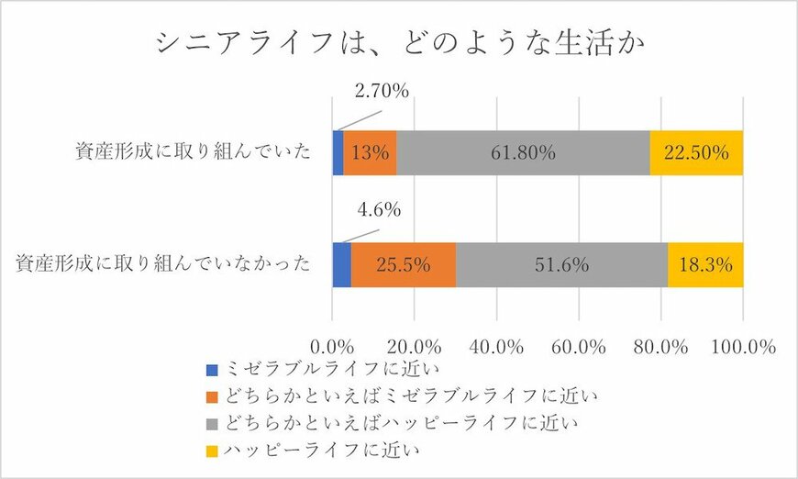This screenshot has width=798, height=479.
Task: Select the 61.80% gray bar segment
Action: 523,153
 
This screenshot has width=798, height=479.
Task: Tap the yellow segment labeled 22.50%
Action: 696,153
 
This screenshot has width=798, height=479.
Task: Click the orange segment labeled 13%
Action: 371,153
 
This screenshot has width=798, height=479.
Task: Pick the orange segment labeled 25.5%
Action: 404,264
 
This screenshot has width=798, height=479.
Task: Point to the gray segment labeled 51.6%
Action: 561,264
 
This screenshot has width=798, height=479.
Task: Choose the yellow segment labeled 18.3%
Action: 705,264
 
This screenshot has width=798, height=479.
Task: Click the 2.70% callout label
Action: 381,91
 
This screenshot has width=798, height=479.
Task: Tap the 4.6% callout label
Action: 379,209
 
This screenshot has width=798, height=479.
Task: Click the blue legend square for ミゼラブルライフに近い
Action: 213,372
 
